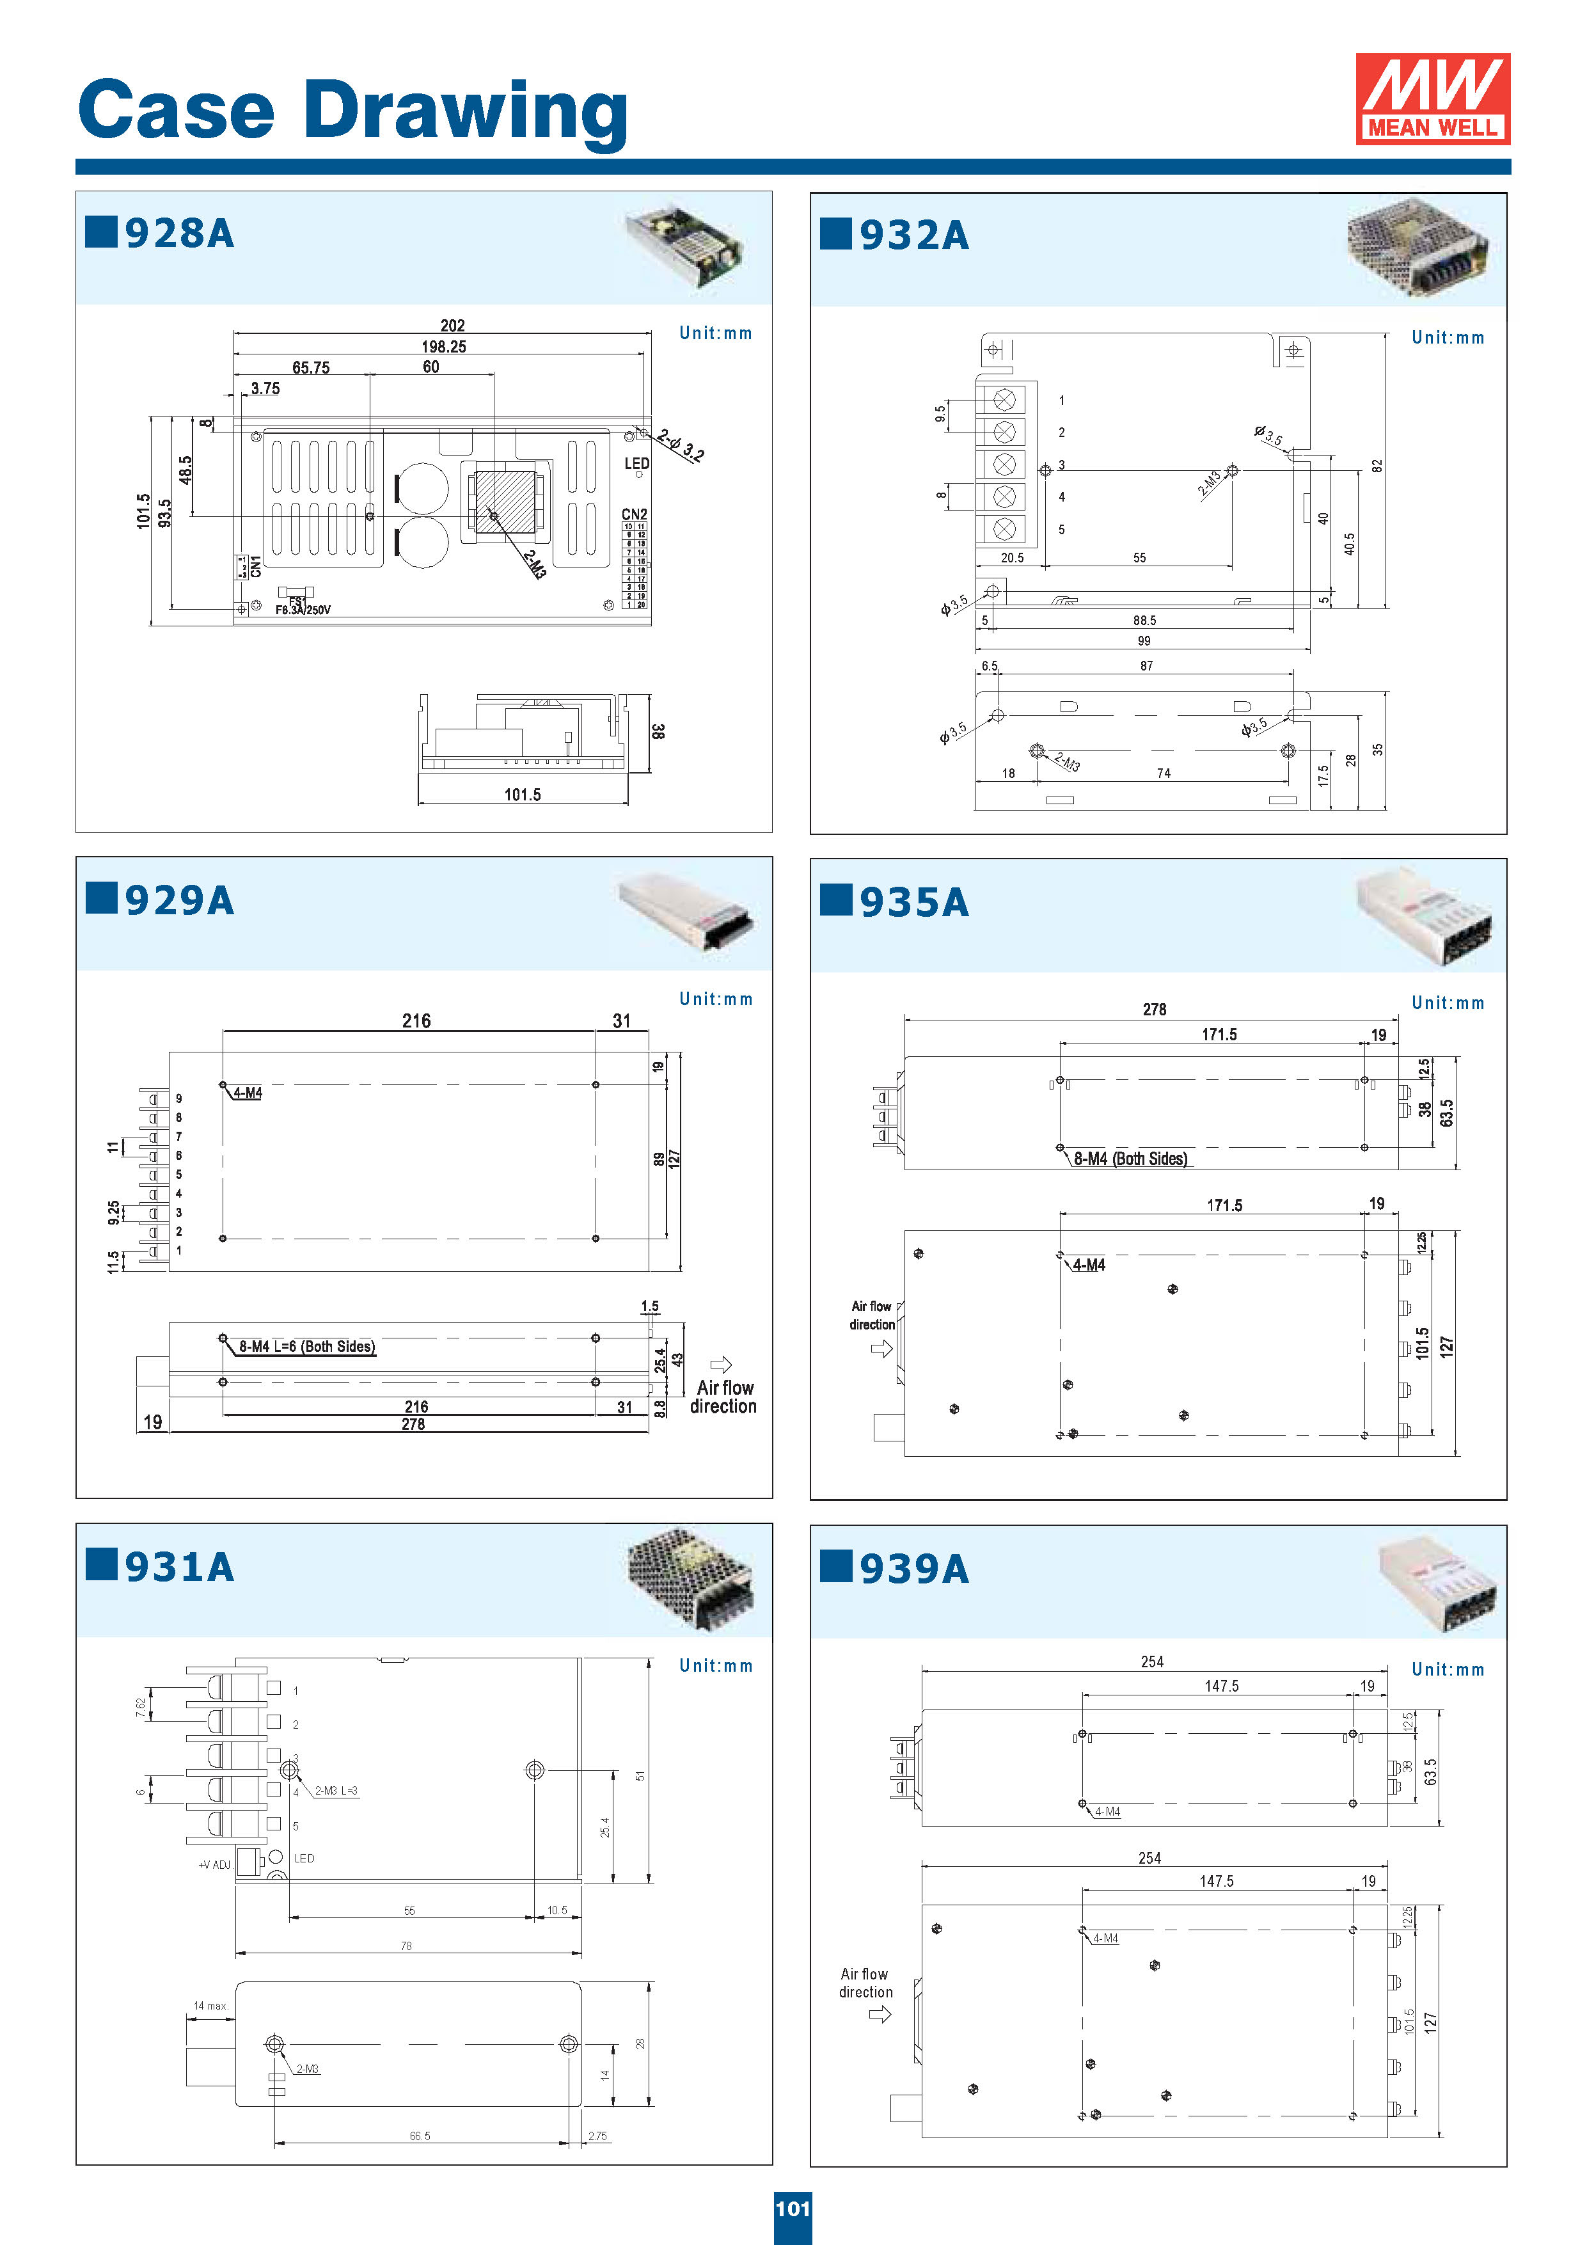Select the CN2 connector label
coord(634,514)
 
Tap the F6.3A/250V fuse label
coord(303,610)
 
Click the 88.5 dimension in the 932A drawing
coord(1144,621)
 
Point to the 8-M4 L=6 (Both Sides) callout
coord(306,1346)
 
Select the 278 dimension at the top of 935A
coord(1154,1009)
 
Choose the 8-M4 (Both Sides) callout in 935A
coord(1130,1159)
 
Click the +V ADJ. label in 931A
coord(215,1864)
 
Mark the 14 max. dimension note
coord(210,2006)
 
